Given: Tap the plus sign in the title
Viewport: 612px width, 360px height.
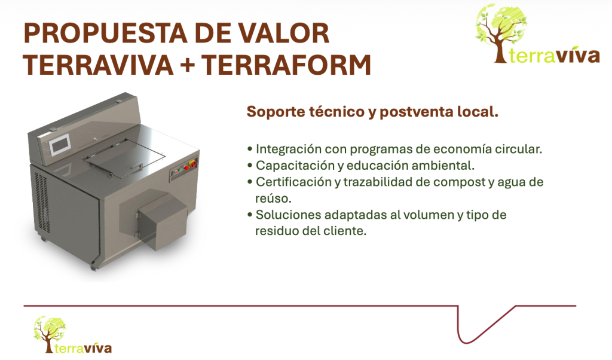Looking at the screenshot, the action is coord(187,65).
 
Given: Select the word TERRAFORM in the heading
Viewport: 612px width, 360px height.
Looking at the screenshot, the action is coord(286,65).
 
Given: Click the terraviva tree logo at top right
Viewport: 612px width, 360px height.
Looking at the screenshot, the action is coord(537,34).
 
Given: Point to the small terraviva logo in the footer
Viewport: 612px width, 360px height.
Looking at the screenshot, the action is coord(72,335).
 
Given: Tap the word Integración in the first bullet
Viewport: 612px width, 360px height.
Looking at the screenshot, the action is coord(289,149).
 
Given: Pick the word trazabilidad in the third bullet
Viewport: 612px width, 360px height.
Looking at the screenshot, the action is coord(377,182).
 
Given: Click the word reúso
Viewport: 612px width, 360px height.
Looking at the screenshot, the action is coord(273,199).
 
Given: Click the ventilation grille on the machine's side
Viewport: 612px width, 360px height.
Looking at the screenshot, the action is coord(41,202).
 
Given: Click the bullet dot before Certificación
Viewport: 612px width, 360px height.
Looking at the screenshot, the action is coord(250,182).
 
